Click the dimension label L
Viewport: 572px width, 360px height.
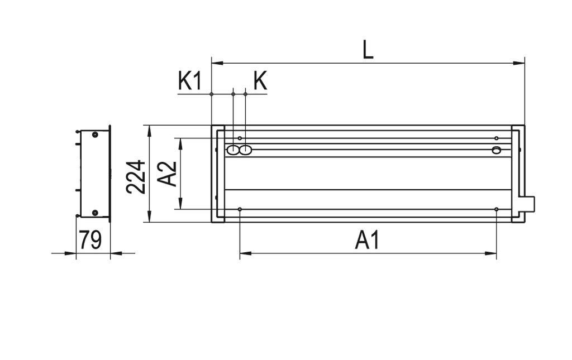tap(368, 50)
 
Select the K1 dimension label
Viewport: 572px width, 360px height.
tap(189, 81)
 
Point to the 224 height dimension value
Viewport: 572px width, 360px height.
tap(136, 176)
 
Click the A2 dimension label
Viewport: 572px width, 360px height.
tap(167, 173)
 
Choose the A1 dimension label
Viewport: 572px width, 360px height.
tap(368, 241)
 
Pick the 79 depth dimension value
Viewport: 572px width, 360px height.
tap(90, 240)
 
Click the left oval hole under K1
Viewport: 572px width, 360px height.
tap(232, 150)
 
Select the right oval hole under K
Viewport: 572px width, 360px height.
tap(245, 150)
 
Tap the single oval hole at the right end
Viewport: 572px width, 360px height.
tap(496, 150)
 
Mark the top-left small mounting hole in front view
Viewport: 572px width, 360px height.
tap(240, 138)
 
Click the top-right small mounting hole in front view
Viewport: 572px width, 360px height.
tap(496, 138)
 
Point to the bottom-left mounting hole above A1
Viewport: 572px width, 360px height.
tap(240, 209)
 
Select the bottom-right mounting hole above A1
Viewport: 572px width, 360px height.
tap(496, 209)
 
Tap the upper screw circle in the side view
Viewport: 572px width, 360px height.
tap(95, 135)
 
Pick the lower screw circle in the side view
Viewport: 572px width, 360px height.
tap(95, 213)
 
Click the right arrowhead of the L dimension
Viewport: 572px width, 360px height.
tap(521, 63)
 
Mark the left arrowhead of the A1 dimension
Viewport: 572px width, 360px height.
tap(244, 253)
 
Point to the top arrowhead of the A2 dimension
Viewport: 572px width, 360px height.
tap(180, 142)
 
